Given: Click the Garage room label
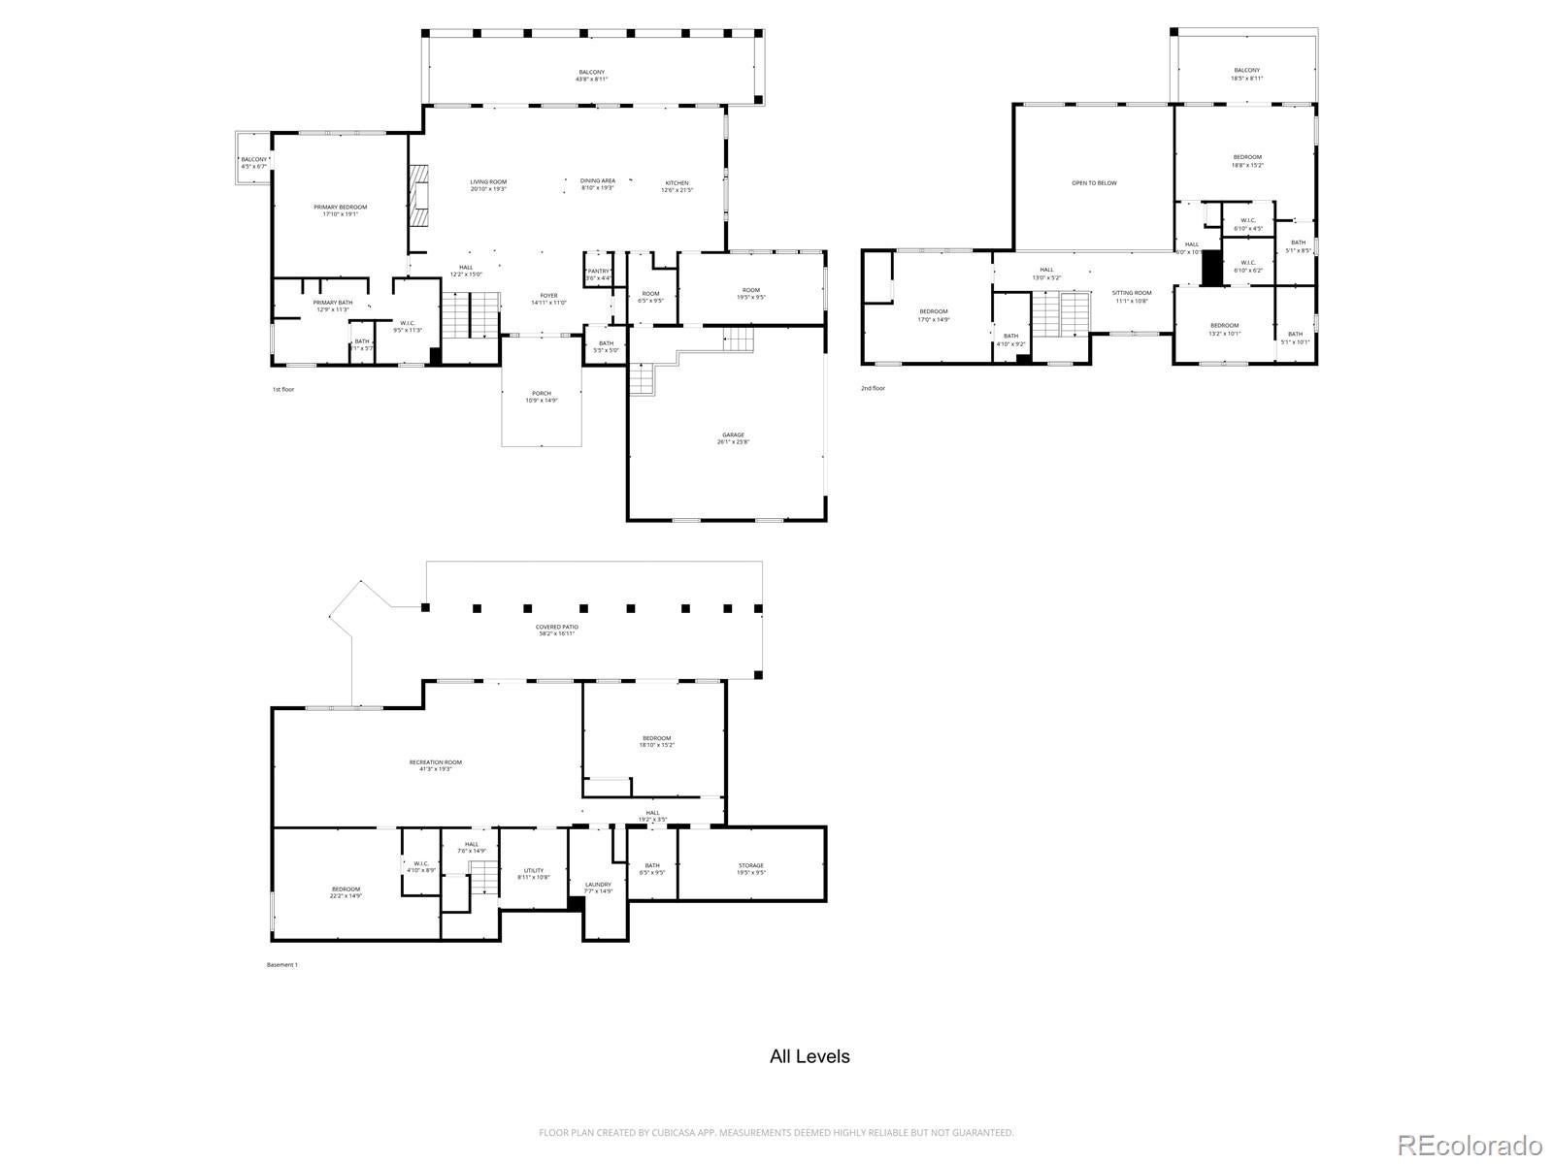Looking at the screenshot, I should (733, 438).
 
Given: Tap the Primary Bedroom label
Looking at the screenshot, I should (341, 210).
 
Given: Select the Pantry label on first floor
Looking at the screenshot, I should (599, 275).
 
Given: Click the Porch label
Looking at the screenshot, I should (542, 397).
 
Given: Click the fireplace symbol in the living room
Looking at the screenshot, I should (418, 196).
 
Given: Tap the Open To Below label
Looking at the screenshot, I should (1094, 182).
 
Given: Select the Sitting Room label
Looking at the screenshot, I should (1132, 296).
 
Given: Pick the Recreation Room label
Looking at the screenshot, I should (436, 765).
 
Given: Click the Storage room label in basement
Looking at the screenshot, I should (751, 868).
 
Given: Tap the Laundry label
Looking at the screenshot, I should (599, 887).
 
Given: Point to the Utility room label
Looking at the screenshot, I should (534, 873).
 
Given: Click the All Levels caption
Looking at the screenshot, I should (810, 1056).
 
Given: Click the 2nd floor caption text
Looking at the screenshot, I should (873, 388).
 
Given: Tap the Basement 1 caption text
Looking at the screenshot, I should (281, 964).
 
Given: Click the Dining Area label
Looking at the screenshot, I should (598, 183).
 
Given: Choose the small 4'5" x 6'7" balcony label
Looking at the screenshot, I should (254, 163).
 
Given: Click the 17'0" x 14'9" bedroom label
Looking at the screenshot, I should (934, 315).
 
